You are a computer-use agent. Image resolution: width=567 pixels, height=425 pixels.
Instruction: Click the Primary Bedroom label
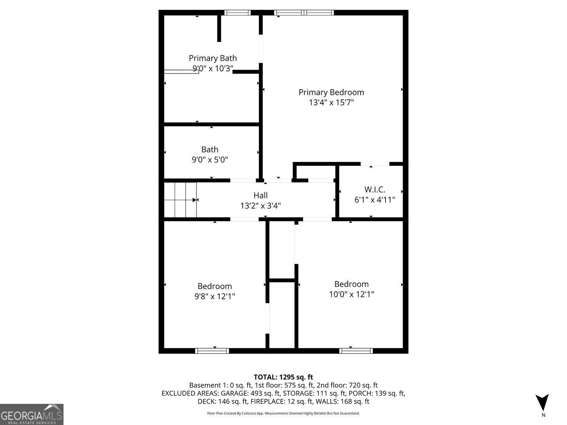(331, 92)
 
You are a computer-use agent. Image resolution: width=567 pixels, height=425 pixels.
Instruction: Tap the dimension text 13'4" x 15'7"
(331, 102)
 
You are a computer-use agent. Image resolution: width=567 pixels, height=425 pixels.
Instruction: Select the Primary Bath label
(213, 58)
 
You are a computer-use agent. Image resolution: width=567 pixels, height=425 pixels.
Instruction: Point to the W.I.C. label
(375, 190)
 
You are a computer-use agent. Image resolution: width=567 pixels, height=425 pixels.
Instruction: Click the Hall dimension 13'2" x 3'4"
(260, 206)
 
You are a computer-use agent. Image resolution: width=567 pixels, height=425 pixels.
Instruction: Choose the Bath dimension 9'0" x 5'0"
(210, 160)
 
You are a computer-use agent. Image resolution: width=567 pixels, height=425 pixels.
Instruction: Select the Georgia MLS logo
(32, 414)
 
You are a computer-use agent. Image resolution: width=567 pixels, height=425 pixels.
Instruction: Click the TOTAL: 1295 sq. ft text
(283, 377)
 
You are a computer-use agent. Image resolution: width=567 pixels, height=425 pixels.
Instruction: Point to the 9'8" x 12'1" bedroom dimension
(215, 297)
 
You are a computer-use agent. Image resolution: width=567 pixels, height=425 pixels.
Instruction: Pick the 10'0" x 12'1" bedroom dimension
(352, 294)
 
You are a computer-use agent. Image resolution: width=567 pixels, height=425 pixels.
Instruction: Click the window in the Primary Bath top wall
(237, 12)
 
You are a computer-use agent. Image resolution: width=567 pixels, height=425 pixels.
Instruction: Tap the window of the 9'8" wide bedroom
(212, 351)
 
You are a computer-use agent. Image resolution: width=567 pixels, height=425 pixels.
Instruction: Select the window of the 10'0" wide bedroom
(356, 351)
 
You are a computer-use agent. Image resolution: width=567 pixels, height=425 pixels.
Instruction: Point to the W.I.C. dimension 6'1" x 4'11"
(375, 200)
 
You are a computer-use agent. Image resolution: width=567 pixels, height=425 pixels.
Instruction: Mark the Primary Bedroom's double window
(304, 12)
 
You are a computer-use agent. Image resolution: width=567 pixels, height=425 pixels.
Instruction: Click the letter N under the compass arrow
(544, 415)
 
